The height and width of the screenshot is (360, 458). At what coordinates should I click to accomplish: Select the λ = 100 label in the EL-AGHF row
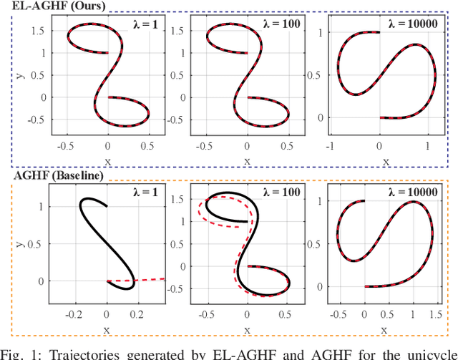283,24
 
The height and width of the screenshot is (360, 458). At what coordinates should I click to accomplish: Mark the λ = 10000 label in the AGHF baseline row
418,193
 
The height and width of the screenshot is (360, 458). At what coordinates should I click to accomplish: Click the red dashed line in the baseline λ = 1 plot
143,279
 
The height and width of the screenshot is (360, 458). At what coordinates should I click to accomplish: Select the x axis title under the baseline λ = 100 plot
247,329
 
